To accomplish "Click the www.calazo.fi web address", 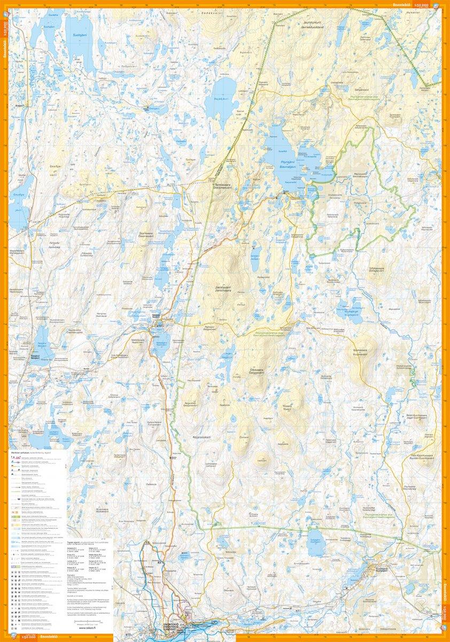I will coord(87,628).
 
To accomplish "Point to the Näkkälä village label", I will coord(155,316).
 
